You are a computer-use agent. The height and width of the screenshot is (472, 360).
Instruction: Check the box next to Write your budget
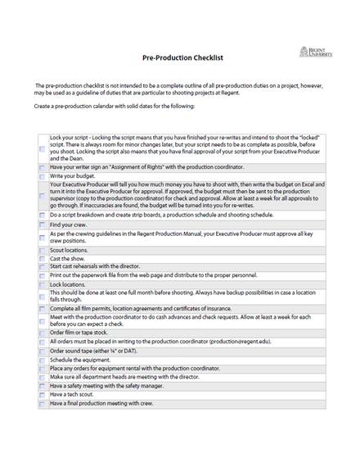[43, 176]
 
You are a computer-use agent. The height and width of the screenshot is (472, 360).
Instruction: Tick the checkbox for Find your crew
[43, 225]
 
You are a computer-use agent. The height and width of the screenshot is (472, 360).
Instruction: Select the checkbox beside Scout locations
[43, 250]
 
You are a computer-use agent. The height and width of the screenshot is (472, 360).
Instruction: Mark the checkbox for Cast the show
[43, 258]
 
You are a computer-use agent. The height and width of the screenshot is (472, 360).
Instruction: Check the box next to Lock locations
[43, 284]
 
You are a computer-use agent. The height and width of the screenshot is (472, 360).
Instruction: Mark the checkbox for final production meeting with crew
[43, 404]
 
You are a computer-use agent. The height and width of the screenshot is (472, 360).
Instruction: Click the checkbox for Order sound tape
[43, 350]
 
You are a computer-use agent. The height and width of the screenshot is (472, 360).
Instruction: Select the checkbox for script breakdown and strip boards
[43, 216]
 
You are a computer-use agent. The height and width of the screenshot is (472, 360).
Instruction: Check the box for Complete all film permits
[43, 307]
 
